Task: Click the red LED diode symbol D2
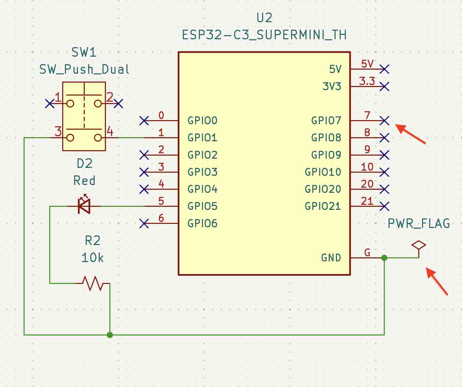84,206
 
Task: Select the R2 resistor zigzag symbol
93,283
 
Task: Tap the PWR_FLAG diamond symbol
419,245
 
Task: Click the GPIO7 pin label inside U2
326,120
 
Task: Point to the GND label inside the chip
331,258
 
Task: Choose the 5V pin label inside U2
335,69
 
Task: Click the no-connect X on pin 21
384,206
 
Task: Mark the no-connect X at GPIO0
144,120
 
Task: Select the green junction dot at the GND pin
384,258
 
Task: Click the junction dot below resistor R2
110,335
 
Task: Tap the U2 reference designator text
264,18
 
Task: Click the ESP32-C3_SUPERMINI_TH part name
264,35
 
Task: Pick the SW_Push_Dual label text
84,69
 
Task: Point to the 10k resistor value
92,258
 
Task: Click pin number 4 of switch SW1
110,131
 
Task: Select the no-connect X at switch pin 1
50,103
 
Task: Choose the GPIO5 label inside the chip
202,206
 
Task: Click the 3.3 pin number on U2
367,81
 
